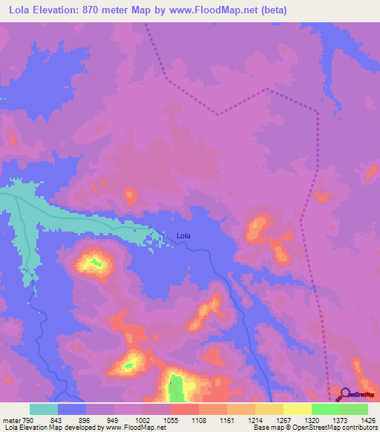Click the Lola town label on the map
tap(183, 236)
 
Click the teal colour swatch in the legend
tap(44, 409)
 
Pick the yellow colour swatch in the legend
tap(298, 409)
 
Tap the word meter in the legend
tap(11, 420)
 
